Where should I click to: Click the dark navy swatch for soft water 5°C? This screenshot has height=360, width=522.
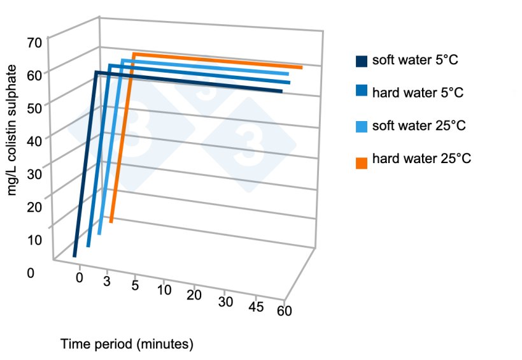pyautogui.click(x=362, y=61)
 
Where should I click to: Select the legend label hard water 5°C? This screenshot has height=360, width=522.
pyautogui.click(x=417, y=93)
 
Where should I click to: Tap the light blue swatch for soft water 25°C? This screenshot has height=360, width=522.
pyautogui.click(x=362, y=126)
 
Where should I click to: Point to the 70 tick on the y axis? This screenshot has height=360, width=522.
pyautogui.click(x=34, y=43)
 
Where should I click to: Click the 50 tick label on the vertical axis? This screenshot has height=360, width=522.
pyautogui.click(x=34, y=108)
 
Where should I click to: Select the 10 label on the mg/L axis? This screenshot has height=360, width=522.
pyautogui.click(x=34, y=240)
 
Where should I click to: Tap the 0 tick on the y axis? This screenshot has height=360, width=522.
pyautogui.click(x=31, y=273)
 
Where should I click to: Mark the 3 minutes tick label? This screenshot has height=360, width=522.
pyautogui.click(x=107, y=281)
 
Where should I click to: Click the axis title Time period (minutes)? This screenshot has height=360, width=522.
pyautogui.click(x=127, y=345)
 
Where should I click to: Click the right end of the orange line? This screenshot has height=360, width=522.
pyautogui.click(x=301, y=67)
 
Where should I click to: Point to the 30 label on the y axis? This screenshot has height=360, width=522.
pyautogui.click(x=34, y=174)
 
